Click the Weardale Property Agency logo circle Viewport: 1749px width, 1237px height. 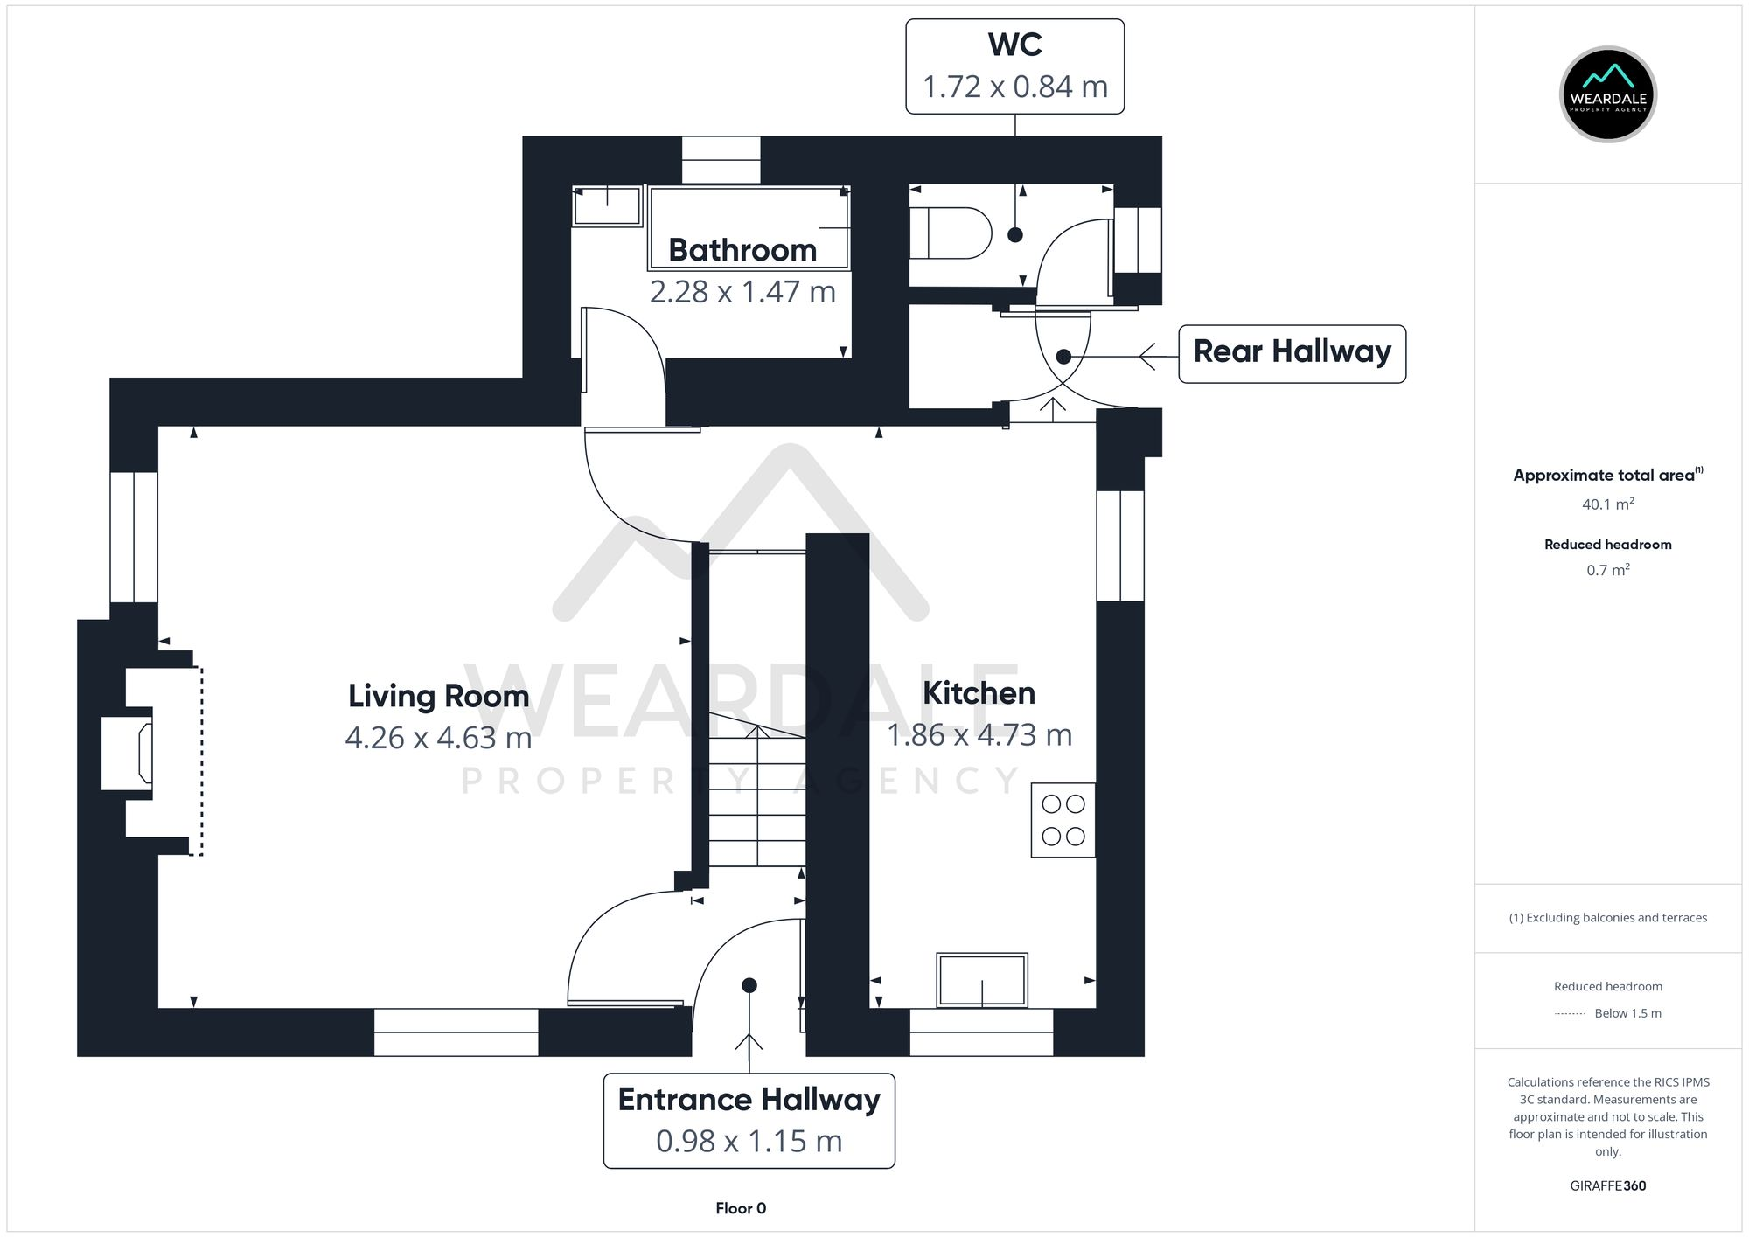(x=1607, y=94)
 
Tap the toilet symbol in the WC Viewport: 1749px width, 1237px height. (x=949, y=233)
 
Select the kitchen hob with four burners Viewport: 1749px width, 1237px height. (x=1063, y=820)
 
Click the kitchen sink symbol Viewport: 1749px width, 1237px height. (x=981, y=980)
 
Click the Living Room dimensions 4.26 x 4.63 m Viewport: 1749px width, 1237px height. (x=438, y=738)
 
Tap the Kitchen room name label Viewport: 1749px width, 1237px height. (x=979, y=693)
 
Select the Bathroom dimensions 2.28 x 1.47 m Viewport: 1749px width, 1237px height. (x=742, y=291)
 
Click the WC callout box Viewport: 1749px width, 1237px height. (x=1014, y=66)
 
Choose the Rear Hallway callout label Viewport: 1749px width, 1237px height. (x=1292, y=352)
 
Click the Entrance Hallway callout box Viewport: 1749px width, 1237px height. (x=749, y=1120)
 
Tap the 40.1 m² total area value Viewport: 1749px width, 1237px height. (x=1607, y=504)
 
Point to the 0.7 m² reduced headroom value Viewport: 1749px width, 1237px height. (x=1607, y=570)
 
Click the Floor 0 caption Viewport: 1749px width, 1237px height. (x=740, y=1208)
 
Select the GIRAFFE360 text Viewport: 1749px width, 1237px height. (x=1607, y=1185)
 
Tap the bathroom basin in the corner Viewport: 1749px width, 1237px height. (x=607, y=206)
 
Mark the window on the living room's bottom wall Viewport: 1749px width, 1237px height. (x=456, y=1032)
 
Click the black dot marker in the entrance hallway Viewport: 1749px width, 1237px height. (x=749, y=985)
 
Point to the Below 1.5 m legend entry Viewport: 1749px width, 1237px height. (x=1627, y=1013)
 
